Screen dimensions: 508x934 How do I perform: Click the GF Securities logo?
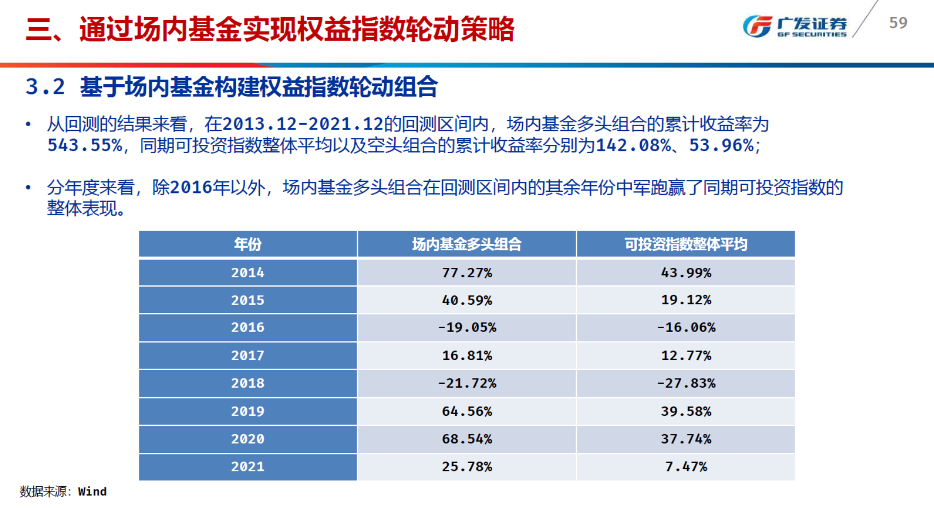pyautogui.click(x=794, y=26)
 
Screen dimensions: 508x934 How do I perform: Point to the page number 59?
pyautogui.click(x=898, y=23)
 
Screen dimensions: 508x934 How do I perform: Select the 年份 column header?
pyautogui.click(x=248, y=244)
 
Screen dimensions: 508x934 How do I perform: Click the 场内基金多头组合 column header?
pyautogui.click(x=467, y=244)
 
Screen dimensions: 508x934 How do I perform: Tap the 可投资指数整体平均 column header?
pyautogui.click(x=686, y=244)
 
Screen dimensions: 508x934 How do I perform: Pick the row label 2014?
pyautogui.click(x=248, y=273)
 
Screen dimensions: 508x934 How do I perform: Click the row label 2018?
pyautogui.click(x=248, y=383)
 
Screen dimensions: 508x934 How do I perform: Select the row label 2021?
pyautogui.click(x=248, y=467)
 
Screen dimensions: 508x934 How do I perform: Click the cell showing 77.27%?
pyautogui.click(x=467, y=273)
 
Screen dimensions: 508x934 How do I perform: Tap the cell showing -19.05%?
pyautogui.click(x=467, y=328)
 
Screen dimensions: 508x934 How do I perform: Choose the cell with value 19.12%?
pyautogui.click(x=686, y=300)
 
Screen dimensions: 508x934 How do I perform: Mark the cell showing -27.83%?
pyautogui.click(x=686, y=383)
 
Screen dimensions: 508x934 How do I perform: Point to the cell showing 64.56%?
pyautogui.click(x=467, y=411)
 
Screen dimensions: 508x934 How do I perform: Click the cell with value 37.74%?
pyautogui.click(x=686, y=439)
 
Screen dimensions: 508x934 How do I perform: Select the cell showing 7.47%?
pyautogui.click(x=686, y=467)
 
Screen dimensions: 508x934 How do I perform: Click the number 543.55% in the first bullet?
pyautogui.click(x=85, y=145)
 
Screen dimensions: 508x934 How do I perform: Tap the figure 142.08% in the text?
pyautogui.click(x=633, y=145)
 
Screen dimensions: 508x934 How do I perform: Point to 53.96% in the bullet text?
pyautogui.click(x=721, y=145)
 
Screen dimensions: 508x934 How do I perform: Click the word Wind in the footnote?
pyautogui.click(x=92, y=492)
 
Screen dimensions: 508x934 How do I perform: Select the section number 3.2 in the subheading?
pyautogui.click(x=45, y=87)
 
